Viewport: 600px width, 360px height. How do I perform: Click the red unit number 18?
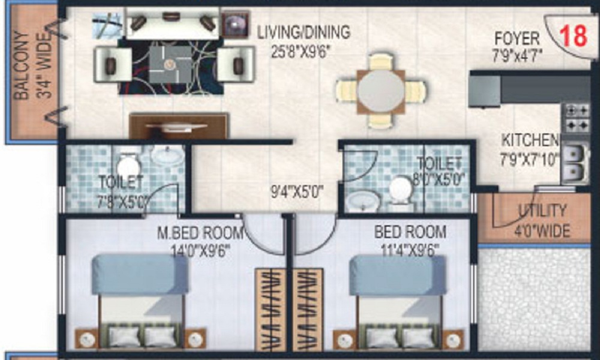[573, 36]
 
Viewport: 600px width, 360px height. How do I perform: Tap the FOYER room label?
[517, 39]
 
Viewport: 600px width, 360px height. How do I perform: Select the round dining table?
[381, 91]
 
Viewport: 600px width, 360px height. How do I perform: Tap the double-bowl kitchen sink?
[574, 163]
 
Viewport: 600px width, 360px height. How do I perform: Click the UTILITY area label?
[542, 211]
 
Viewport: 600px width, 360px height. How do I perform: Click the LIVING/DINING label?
[304, 32]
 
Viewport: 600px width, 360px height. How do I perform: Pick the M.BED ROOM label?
[200, 232]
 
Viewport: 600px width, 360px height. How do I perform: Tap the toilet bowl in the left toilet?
[127, 166]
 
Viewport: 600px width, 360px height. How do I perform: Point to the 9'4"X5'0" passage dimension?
[298, 193]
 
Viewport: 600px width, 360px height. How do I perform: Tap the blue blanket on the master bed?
[140, 275]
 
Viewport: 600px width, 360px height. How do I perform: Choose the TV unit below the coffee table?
[178, 126]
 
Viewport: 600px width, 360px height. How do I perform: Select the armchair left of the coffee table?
[112, 64]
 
